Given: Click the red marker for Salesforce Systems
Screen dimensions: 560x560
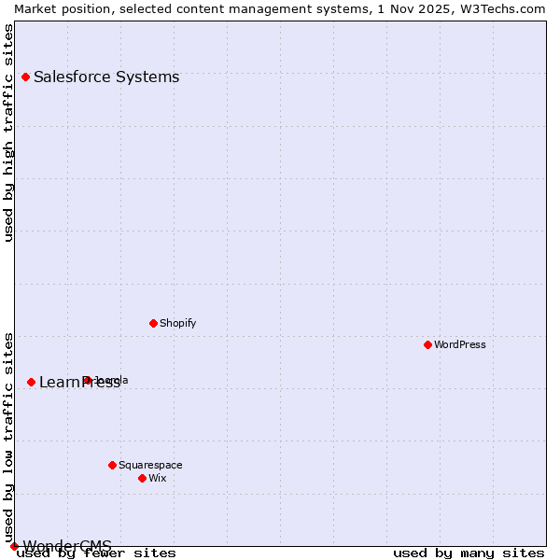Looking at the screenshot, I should pyautogui.click(x=25, y=77).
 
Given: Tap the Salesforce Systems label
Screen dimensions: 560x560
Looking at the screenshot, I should pyautogui.click(x=106, y=77).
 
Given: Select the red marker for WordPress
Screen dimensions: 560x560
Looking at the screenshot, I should pyautogui.click(x=428, y=344).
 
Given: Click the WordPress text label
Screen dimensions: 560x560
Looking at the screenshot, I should pyautogui.click(x=460, y=344).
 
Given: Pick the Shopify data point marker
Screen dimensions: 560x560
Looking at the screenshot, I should pyautogui.click(x=153, y=323).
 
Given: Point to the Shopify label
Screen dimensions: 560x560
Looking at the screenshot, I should pyautogui.click(x=177, y=323).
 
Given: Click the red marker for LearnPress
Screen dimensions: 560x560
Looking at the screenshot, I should pyautogui.click(x=31, y=382).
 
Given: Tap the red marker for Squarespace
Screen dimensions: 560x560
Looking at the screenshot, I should pyautogui.click(x=112, y=465).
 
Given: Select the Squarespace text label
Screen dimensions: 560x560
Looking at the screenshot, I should pyautogui.click(x=150, y=465).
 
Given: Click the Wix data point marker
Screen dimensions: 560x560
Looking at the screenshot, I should pyautogui.click(x=142, y=478).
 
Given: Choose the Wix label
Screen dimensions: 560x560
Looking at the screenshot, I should pyautogui.click(x=158, y=478).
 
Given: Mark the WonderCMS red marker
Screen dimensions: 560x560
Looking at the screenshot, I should pyautogui.click(x=14, y=546).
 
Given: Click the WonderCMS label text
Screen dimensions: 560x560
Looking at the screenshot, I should pyautogui.click(x=67, y=546).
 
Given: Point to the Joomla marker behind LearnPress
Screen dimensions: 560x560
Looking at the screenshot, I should pyautogui.click(x=87, y=380).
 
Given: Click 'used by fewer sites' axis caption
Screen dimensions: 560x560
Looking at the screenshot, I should pyautogui.click(x=96, y=553).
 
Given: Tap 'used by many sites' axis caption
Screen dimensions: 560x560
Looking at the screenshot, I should pyautogui.click(x=469, y=553).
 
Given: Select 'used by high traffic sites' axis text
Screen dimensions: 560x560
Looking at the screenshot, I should pyautogui.click(x=9, y=133).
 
